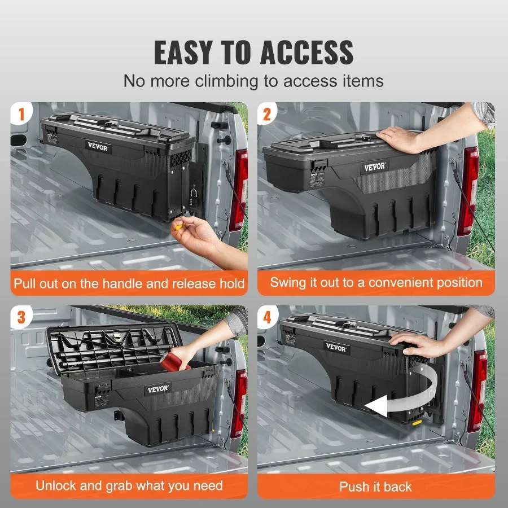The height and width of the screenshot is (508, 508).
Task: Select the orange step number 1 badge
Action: tap(21, 115)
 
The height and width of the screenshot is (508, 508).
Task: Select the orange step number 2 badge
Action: tap(268, 115)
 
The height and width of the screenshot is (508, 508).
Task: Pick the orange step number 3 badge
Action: tap(21, 317)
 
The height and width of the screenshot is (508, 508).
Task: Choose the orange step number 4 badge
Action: tap(268, 317)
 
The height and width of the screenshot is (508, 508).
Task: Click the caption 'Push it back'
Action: tap(375, 487)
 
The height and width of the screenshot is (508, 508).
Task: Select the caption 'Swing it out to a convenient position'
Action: tap(376, 282)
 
